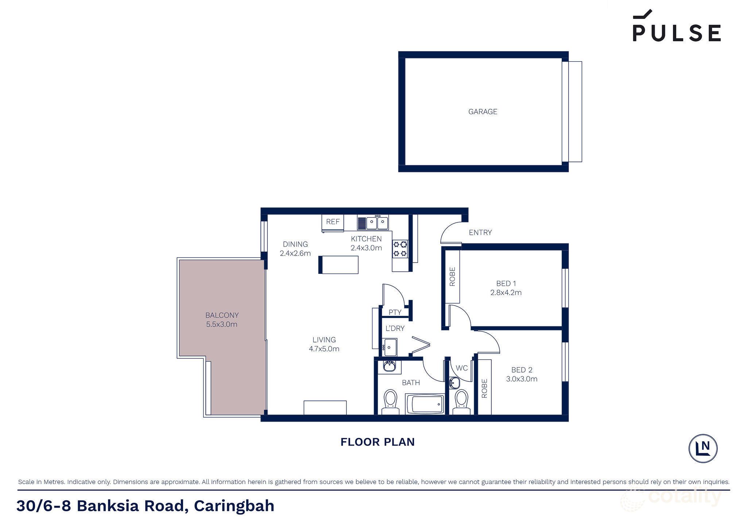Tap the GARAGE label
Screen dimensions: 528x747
(483, 112)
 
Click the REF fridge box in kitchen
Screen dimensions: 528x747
(333, 222)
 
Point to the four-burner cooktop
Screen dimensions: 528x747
(400, 249)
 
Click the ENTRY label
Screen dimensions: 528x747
(480, 232)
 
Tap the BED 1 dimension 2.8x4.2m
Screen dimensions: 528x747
(506, 292)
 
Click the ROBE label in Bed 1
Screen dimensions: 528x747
(452, 276)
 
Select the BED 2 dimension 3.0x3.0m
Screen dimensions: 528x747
(522, 379)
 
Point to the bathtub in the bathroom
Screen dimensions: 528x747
(425, 404)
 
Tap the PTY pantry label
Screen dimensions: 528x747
(395, 312)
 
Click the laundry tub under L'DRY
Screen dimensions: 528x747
(390, 347)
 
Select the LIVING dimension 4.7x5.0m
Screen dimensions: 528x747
(324, 349)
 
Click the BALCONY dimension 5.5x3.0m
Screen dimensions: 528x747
(222, 325)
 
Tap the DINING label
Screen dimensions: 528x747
(295, 244)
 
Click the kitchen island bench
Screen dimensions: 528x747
(338, 265)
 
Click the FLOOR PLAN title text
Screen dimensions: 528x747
(378, 442)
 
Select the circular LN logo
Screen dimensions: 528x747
(703, 449)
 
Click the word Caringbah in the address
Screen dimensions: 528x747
(234, 506)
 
